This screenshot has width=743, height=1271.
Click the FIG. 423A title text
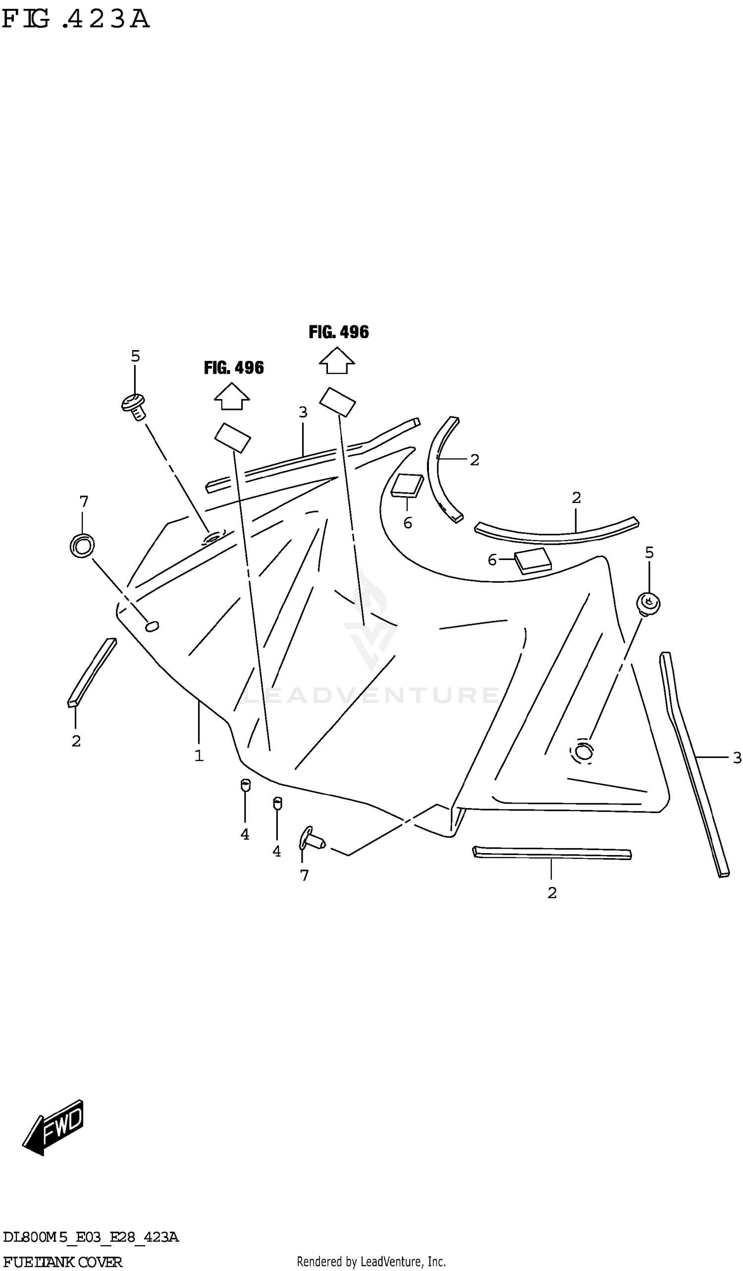[76, 19]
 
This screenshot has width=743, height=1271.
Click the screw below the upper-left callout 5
[134, 406]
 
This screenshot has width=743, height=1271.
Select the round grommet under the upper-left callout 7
[82, 545]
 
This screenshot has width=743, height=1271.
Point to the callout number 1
[199, 756]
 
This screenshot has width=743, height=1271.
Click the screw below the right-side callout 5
[648, 604]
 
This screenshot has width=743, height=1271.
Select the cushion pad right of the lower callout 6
[532, 560]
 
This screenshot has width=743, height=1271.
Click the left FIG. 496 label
[233, 368]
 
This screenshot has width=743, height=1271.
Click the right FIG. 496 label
[338, 332]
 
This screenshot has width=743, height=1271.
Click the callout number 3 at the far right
[737, 757]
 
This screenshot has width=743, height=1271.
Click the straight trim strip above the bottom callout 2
[552, 853]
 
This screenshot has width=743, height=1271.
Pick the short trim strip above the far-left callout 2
[92, 672]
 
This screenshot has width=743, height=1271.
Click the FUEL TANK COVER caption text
[62, 1262]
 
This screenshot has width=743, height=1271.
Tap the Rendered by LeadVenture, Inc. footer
[371, 1262]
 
